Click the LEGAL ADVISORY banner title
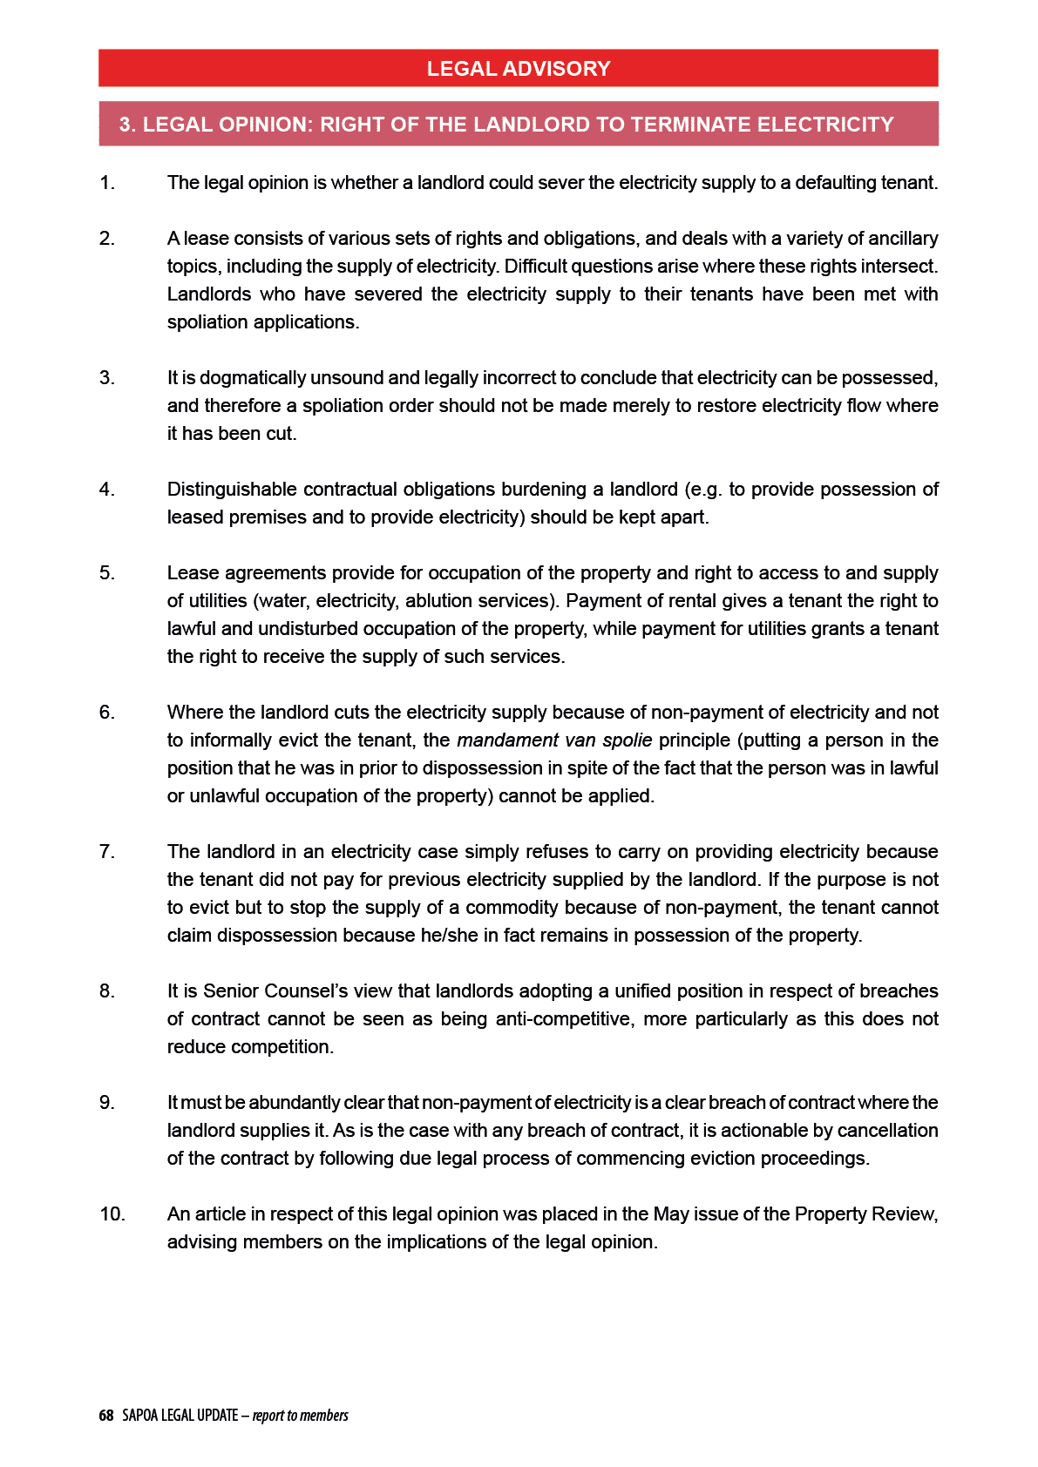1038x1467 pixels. [x=519, y=69]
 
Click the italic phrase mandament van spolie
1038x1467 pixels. [x=554, y=740]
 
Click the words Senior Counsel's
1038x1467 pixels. [x=272, y=991]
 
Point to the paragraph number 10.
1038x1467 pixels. [x=112, y=1214]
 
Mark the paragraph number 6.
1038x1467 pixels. [x=106, y=713]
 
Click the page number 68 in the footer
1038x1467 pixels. [x=106, y=1416]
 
